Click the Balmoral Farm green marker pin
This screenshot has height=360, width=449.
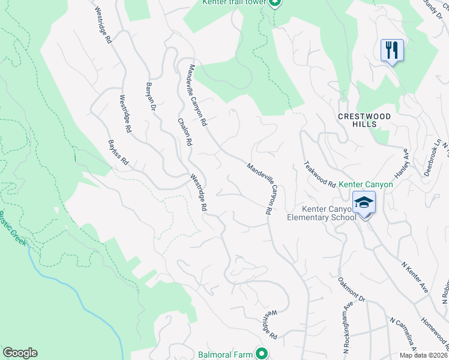(x=261, y=353)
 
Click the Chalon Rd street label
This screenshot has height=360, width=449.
(x=184, y=131)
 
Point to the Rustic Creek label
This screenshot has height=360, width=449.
(x=13, y=228)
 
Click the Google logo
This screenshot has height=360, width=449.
(x=20, y=353)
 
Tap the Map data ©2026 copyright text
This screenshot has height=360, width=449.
(x=423, y=355)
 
